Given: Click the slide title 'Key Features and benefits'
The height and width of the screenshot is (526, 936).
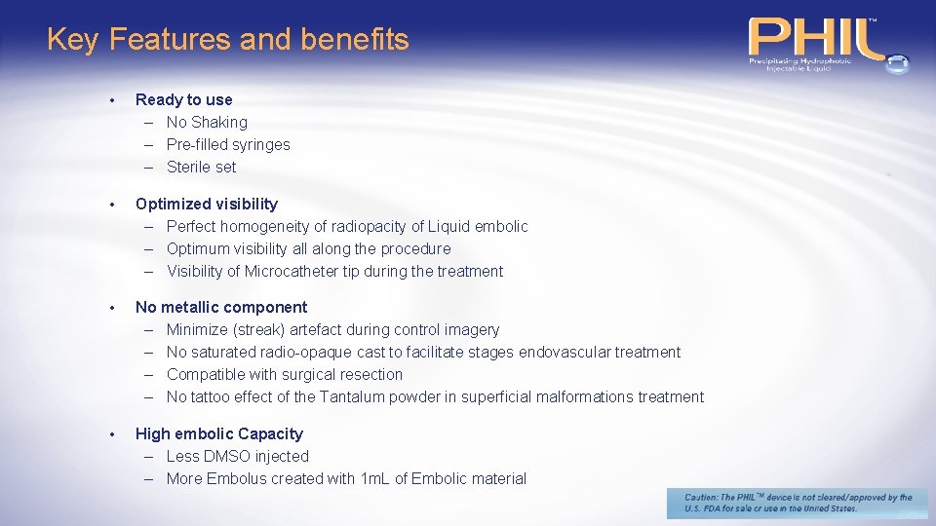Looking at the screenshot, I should [227, 40].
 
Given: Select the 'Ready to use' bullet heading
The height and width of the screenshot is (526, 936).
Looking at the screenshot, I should [183, 99].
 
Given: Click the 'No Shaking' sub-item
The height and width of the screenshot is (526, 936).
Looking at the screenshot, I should [207, 122].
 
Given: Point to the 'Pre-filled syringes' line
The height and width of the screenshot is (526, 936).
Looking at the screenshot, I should [228, 144].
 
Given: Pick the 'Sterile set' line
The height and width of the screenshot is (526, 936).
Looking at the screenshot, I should [202, 167].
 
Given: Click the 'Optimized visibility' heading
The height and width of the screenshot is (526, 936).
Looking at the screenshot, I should [206, 204].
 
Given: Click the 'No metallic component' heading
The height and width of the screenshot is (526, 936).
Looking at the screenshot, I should [220, 307].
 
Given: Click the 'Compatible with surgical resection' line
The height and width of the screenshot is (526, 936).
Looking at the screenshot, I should [284, 374].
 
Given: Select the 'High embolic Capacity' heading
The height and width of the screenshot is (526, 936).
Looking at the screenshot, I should [218, 433].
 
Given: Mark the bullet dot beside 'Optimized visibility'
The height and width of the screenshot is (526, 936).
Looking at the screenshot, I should [114, 205].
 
